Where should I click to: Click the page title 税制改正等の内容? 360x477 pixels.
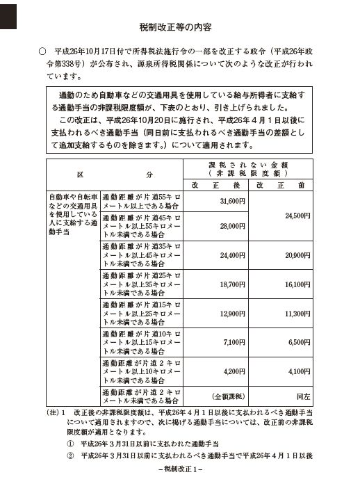[180, 28]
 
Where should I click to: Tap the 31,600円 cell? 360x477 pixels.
[232, 201]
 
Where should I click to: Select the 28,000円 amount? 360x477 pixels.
[232, 227]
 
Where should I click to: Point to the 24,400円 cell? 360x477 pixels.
[232, 256]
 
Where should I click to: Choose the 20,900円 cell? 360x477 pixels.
[297, 256]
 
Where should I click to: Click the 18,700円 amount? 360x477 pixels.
[232, 285]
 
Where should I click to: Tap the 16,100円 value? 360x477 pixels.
[297, 285]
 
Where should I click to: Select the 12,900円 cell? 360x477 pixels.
[232, 314]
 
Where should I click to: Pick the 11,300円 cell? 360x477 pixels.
[297, 314]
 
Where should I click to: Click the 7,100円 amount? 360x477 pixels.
[234, 343]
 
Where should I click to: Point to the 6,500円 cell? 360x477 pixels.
[300, 343]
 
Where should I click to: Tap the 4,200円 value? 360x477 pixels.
[234, 372]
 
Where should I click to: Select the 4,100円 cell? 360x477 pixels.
[300, 372]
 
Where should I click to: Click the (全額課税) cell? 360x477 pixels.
[227, 396]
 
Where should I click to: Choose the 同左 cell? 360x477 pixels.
[303, 396]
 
